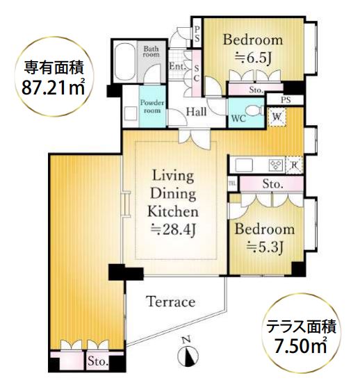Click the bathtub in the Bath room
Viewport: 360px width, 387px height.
(125, 62)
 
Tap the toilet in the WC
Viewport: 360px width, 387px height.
(255, 110)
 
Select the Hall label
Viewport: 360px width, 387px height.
(196, 112)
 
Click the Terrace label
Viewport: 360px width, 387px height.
(170, 302)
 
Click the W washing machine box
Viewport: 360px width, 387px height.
(277, 117)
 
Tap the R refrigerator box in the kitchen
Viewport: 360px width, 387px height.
(294, 165)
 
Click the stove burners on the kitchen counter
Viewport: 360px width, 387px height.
(277, 165)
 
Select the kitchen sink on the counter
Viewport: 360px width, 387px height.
(244, 165)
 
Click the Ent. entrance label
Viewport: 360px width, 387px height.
(177, 66)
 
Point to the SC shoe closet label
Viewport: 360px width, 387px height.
(197, 74)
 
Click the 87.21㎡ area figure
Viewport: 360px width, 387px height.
(54, 88)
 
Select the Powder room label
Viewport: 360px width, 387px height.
(152, 106)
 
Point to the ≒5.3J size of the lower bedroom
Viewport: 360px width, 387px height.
(265, 246)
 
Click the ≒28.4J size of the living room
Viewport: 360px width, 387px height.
(174, 230)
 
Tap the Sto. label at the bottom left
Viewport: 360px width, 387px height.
(98, 361)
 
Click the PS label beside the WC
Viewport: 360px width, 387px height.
(286, 100)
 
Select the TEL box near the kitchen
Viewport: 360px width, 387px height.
(232, 183)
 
